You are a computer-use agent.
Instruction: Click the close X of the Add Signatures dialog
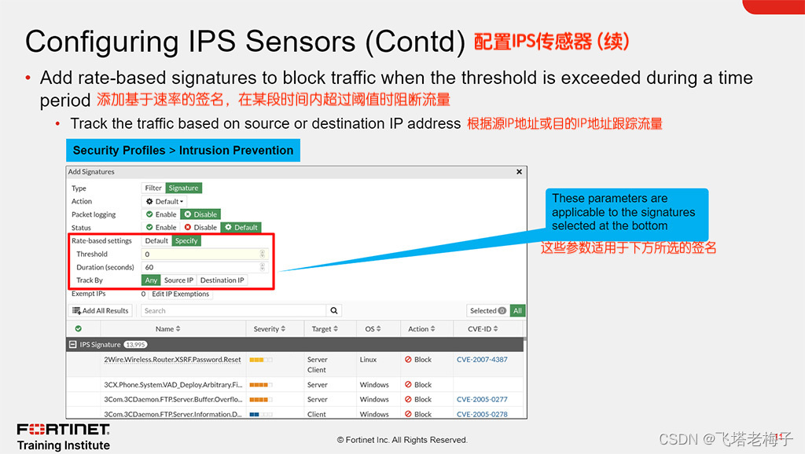519,172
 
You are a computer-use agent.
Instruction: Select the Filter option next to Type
153,189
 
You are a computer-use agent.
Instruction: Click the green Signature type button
183,189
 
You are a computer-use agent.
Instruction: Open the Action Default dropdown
164,202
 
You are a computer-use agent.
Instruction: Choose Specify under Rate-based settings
186,240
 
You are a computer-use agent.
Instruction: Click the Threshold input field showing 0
204,254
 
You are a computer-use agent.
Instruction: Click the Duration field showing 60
204,267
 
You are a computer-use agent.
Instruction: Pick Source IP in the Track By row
178,280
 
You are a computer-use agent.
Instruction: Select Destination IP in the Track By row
222,280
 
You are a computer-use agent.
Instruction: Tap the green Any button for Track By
151,280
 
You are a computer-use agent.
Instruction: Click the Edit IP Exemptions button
181,294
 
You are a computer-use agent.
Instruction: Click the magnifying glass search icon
333,310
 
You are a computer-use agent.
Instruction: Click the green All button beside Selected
517,310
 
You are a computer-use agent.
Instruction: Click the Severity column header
270,329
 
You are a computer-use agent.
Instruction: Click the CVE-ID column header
483,329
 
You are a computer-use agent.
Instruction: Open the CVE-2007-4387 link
482,360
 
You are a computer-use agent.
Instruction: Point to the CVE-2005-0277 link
482,399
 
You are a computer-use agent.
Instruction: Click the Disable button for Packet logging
200,214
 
